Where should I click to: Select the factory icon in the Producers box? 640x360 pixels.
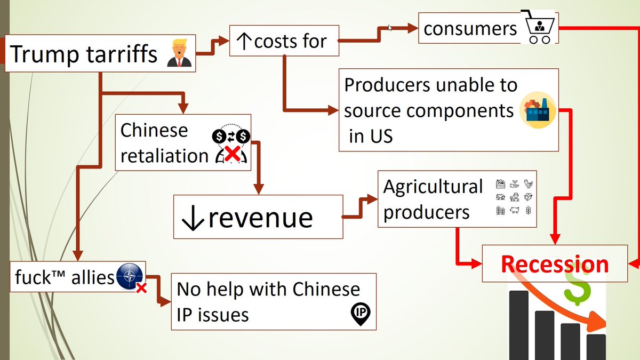tap(538, 109)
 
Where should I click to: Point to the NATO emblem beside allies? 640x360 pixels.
tap(129, 276)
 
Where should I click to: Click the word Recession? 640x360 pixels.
tap(555, 264)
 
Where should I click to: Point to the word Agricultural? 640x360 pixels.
tap(433, 187)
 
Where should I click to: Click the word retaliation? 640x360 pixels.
tap(164, 156)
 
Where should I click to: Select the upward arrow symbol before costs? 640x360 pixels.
tap(244, 41)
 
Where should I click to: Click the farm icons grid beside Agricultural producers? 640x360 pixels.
tap(514, 197)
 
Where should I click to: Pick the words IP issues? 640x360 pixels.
tap(213, 315)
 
